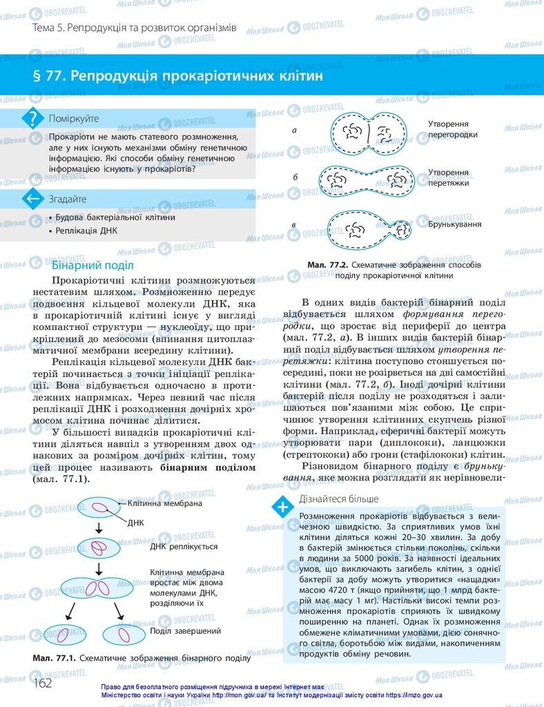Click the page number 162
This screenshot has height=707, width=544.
point(42,683)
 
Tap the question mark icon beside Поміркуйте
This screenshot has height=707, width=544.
point(32,118)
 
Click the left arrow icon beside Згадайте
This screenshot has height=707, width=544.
point(32,199)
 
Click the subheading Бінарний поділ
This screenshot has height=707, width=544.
point(93,265)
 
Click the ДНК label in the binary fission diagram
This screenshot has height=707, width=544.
point(135,523)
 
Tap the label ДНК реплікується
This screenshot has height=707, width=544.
point(184,546)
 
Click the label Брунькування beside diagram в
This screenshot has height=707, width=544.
point(454,224)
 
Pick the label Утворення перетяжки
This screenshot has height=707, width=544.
point(449,177)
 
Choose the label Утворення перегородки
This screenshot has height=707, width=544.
point(452,129)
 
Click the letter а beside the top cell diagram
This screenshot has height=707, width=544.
point(295,130)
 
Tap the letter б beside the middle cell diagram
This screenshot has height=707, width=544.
point(295,177)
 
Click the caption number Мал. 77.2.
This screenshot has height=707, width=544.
point(327,264)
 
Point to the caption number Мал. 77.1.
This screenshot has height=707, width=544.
point(55,659)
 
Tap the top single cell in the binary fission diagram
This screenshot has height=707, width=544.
point(100,509)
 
